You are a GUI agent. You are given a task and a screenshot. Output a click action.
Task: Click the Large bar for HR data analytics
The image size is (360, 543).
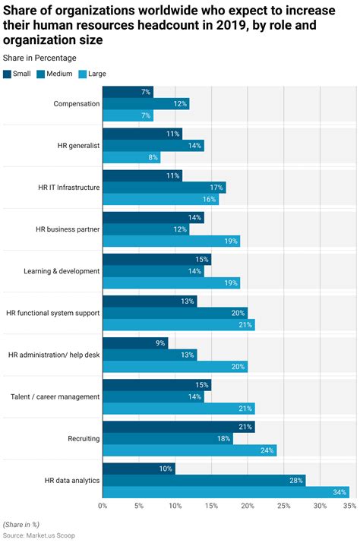point(226,492)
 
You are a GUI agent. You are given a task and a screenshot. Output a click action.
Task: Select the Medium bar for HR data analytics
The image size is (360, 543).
point(204,480)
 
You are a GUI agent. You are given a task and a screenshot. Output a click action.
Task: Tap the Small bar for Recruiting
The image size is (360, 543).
point(178,427)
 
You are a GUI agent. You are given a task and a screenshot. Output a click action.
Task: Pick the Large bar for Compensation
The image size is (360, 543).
point(128,115)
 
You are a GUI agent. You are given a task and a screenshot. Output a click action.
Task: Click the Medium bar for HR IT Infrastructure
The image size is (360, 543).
point(164,187)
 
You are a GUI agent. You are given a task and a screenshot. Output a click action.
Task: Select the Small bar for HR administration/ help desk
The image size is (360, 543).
point(135,343)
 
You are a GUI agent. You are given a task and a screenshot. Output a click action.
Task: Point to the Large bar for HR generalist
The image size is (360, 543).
point(131,157)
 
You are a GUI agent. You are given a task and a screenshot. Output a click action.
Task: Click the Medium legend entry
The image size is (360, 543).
point(58,74)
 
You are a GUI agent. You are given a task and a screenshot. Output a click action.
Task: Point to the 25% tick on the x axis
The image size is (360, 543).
point(283,506)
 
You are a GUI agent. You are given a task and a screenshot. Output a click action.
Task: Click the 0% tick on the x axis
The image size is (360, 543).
point(103,506)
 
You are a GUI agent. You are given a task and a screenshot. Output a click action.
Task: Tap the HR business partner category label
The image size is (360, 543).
point(68,229)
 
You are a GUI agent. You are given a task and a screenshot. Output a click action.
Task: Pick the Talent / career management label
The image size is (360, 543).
point(55,396)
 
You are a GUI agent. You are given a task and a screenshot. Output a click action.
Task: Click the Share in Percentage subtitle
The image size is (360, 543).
point(39,58)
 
